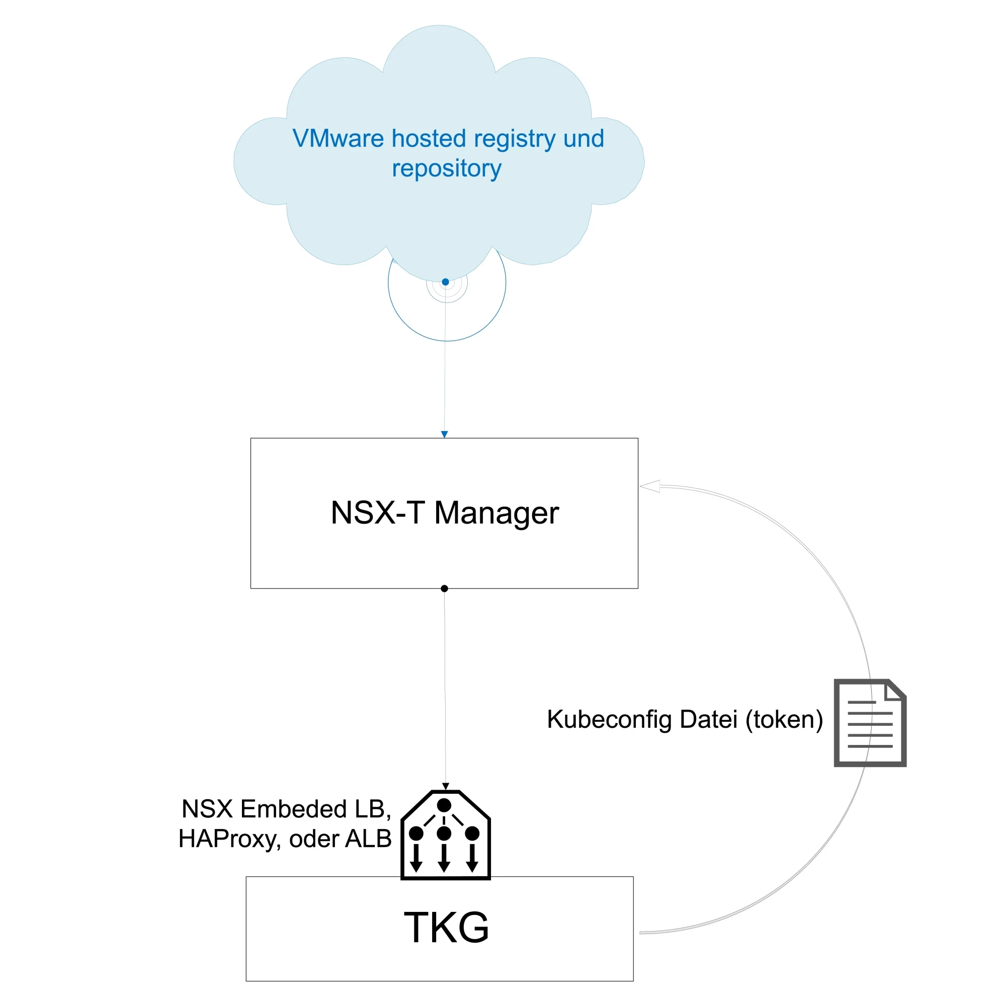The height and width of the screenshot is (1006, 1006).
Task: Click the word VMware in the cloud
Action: pyautogui.click(x=338, y=139)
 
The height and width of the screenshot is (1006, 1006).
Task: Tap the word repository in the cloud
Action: pyautogui.click(x=446, y=169)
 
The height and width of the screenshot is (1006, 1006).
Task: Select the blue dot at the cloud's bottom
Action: pyautogui.click(x=445, y=282)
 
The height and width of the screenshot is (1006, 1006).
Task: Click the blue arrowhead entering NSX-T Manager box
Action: pyautogui.click(x=444, y=434)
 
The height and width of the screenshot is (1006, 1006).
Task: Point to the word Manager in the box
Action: pyautogui.click(x=496, y=513)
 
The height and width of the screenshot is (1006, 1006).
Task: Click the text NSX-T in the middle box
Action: pyautogui.click(x=378, y=513)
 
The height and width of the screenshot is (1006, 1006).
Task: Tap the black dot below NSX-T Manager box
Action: pyautogui.click(x=444, y=589)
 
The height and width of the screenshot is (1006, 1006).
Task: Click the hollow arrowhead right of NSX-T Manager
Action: pyautogui.click(x=650, y=486)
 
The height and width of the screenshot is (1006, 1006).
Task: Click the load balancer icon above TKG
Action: pyautogui.click(x=445, y=835)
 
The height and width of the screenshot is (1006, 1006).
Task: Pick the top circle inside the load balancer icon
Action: pyautogui.click(x=444, y=805)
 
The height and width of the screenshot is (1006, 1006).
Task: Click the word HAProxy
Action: pyautogui.click(x=227, y=840)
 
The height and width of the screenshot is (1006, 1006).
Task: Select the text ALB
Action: pyautogui.click(x=368, y=839)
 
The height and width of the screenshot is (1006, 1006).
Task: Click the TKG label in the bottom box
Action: pyautogui.click(x=446, y=928)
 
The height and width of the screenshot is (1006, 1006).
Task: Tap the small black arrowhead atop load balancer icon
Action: pyautogui.click(x=445, y=786)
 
